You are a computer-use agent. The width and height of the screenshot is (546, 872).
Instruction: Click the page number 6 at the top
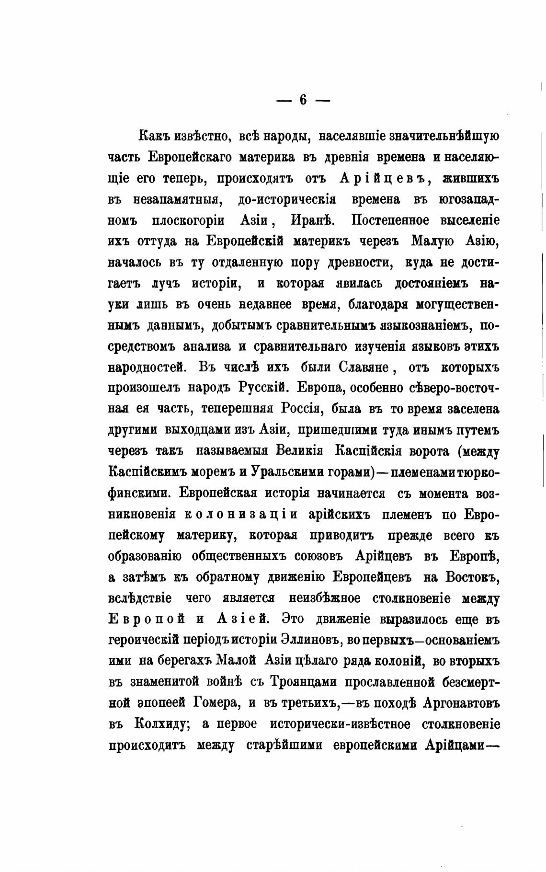pos(303,100)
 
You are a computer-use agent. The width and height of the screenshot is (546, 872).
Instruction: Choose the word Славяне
pos(366,368)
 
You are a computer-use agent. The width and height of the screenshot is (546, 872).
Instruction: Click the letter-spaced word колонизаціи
pos(241,515)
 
